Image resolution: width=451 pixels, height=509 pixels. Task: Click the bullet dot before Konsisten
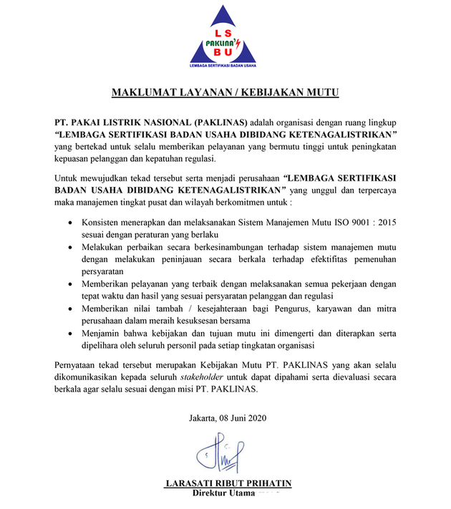68,223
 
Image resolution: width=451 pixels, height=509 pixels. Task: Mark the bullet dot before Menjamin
68,333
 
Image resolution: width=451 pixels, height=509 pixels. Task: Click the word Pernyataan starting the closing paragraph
78,367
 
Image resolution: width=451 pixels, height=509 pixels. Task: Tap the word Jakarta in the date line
204,417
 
